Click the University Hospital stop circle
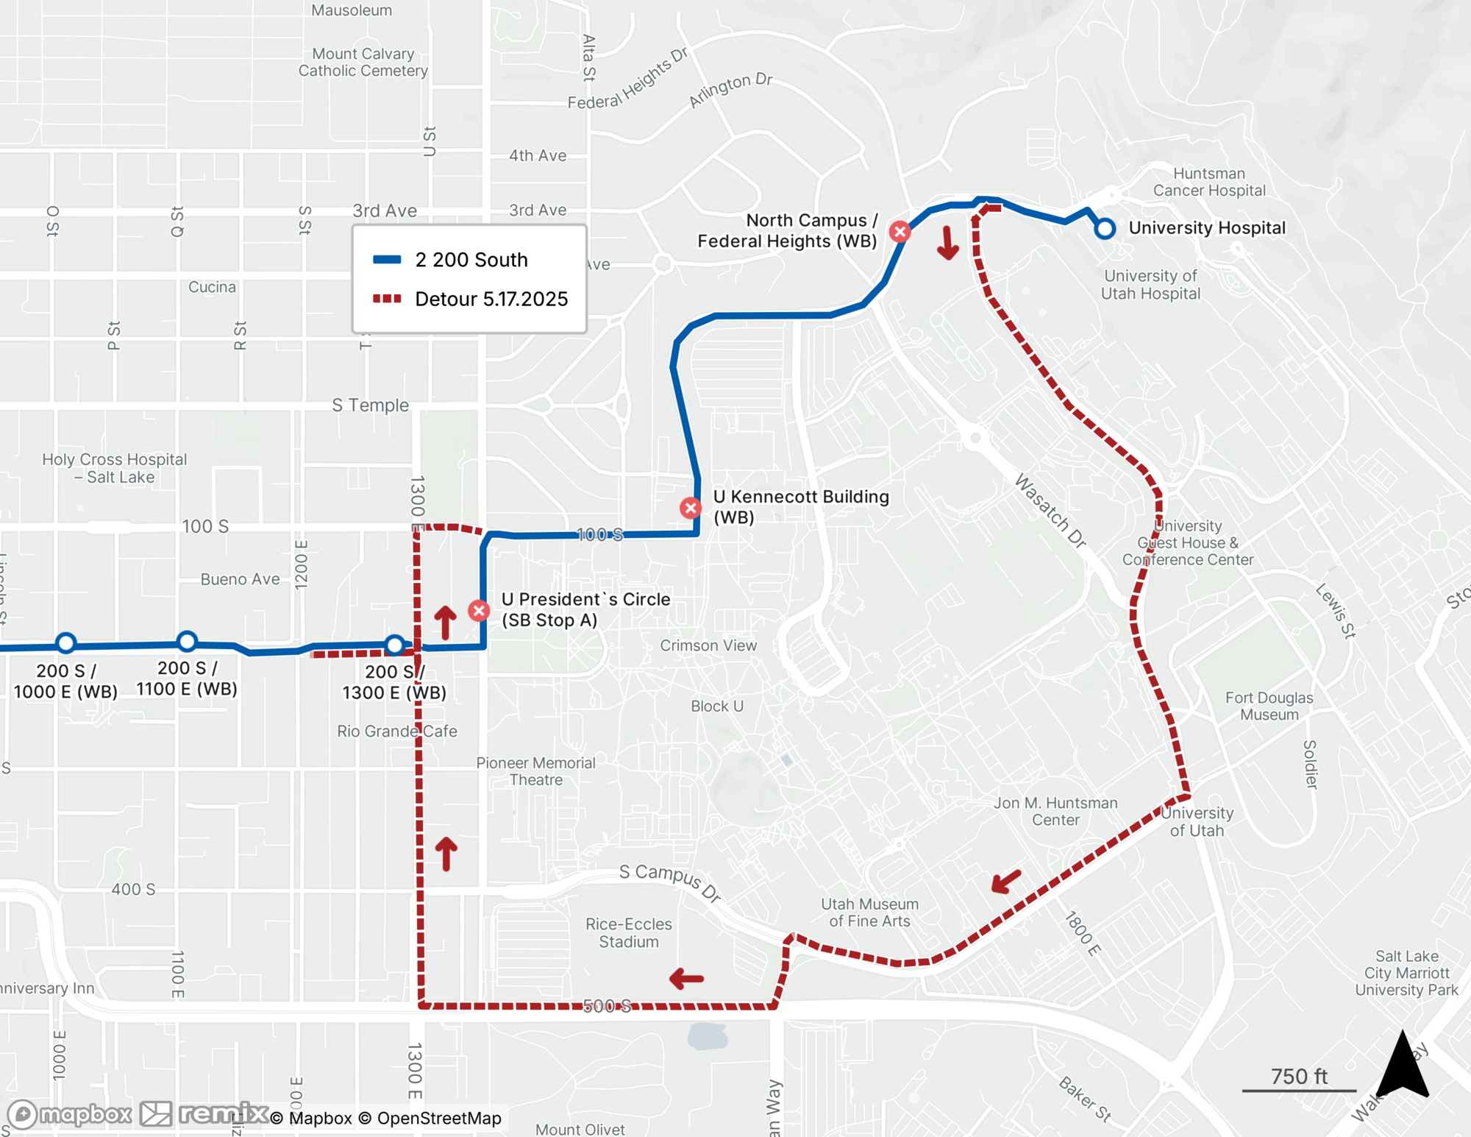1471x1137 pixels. pos(1104,229)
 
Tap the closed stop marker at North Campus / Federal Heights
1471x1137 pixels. pos(900,232)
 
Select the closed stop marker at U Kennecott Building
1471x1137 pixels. pos(690,508)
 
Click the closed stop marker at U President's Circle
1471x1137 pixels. pos(479,610)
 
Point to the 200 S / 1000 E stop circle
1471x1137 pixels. pos(66,643)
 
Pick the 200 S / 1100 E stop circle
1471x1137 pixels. pos(188,641)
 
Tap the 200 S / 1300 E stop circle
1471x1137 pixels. pos(395,645)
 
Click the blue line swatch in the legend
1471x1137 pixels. pos(387,260)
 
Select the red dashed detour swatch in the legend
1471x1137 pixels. pos(387,299)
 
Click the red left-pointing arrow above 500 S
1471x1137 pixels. pos(687,979)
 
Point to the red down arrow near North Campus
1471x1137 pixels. pos(948,243)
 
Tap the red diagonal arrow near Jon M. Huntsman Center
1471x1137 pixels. pos(1006,880)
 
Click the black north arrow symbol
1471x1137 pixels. pos(1403,1066)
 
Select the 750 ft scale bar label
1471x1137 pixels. pos(1299,1077)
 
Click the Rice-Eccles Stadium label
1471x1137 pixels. pos(629,932)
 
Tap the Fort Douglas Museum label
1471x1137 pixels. pos(1269,706)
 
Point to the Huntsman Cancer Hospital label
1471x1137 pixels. pos(1209,182)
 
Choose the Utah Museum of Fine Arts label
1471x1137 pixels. pos(869,913)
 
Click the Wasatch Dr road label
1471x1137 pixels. pos(1050,511)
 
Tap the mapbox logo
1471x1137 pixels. pos(70,1114)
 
